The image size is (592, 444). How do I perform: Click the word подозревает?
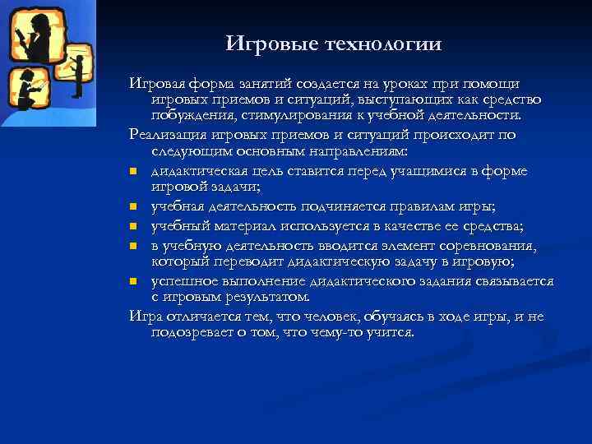195,333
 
